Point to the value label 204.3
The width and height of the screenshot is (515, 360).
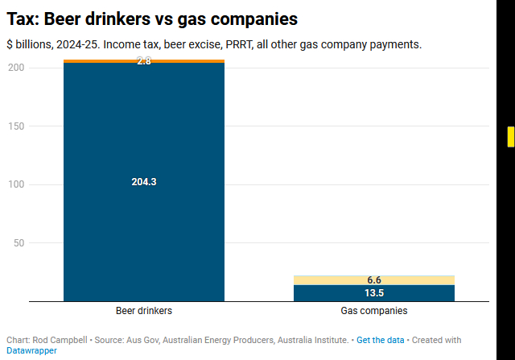pos(144,182)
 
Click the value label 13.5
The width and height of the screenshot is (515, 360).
pos(374,293)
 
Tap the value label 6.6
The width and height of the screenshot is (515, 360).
pos(374,280)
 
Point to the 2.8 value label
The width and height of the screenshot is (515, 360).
pos(144,60)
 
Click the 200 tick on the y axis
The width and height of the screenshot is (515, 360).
pos(15,68)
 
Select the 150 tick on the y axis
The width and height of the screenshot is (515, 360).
pos(15,126)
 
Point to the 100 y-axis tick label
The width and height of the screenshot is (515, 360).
pos(15,184)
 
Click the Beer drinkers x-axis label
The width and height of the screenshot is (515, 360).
pos(144,310)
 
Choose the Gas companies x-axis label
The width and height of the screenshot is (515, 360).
pos(374,310)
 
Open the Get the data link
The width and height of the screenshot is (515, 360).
pos(381,341)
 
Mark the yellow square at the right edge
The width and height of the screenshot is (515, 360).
pos(510,137)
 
